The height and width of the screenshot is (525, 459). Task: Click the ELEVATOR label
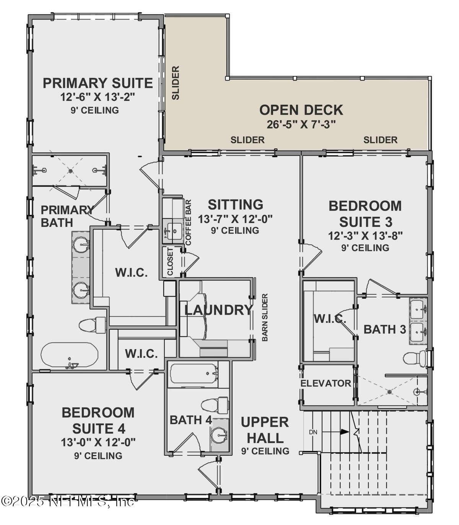click(x=326, y=383)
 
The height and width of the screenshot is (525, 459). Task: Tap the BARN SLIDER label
click(x=264, y=317)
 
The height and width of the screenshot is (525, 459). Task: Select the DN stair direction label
click(x=313, y=432)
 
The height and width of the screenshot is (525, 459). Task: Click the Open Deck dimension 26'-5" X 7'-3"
click(x=301, y=124)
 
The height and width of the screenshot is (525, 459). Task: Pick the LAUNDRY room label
click(x=219, y=310)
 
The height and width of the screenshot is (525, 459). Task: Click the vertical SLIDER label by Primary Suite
click(x=176, y=83)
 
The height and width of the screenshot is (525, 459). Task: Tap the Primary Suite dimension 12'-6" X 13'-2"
click(x=98, y=97)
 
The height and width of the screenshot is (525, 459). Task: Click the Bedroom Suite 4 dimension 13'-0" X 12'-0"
click(x=98, y=442)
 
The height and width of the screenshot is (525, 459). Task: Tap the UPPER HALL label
click(x=265, y=430)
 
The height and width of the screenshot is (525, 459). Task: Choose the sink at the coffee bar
click(x=173, y=231)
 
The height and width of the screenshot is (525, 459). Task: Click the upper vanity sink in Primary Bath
click(x=81, y=244)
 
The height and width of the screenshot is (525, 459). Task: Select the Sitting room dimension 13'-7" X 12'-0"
click(x=235, y=219)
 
